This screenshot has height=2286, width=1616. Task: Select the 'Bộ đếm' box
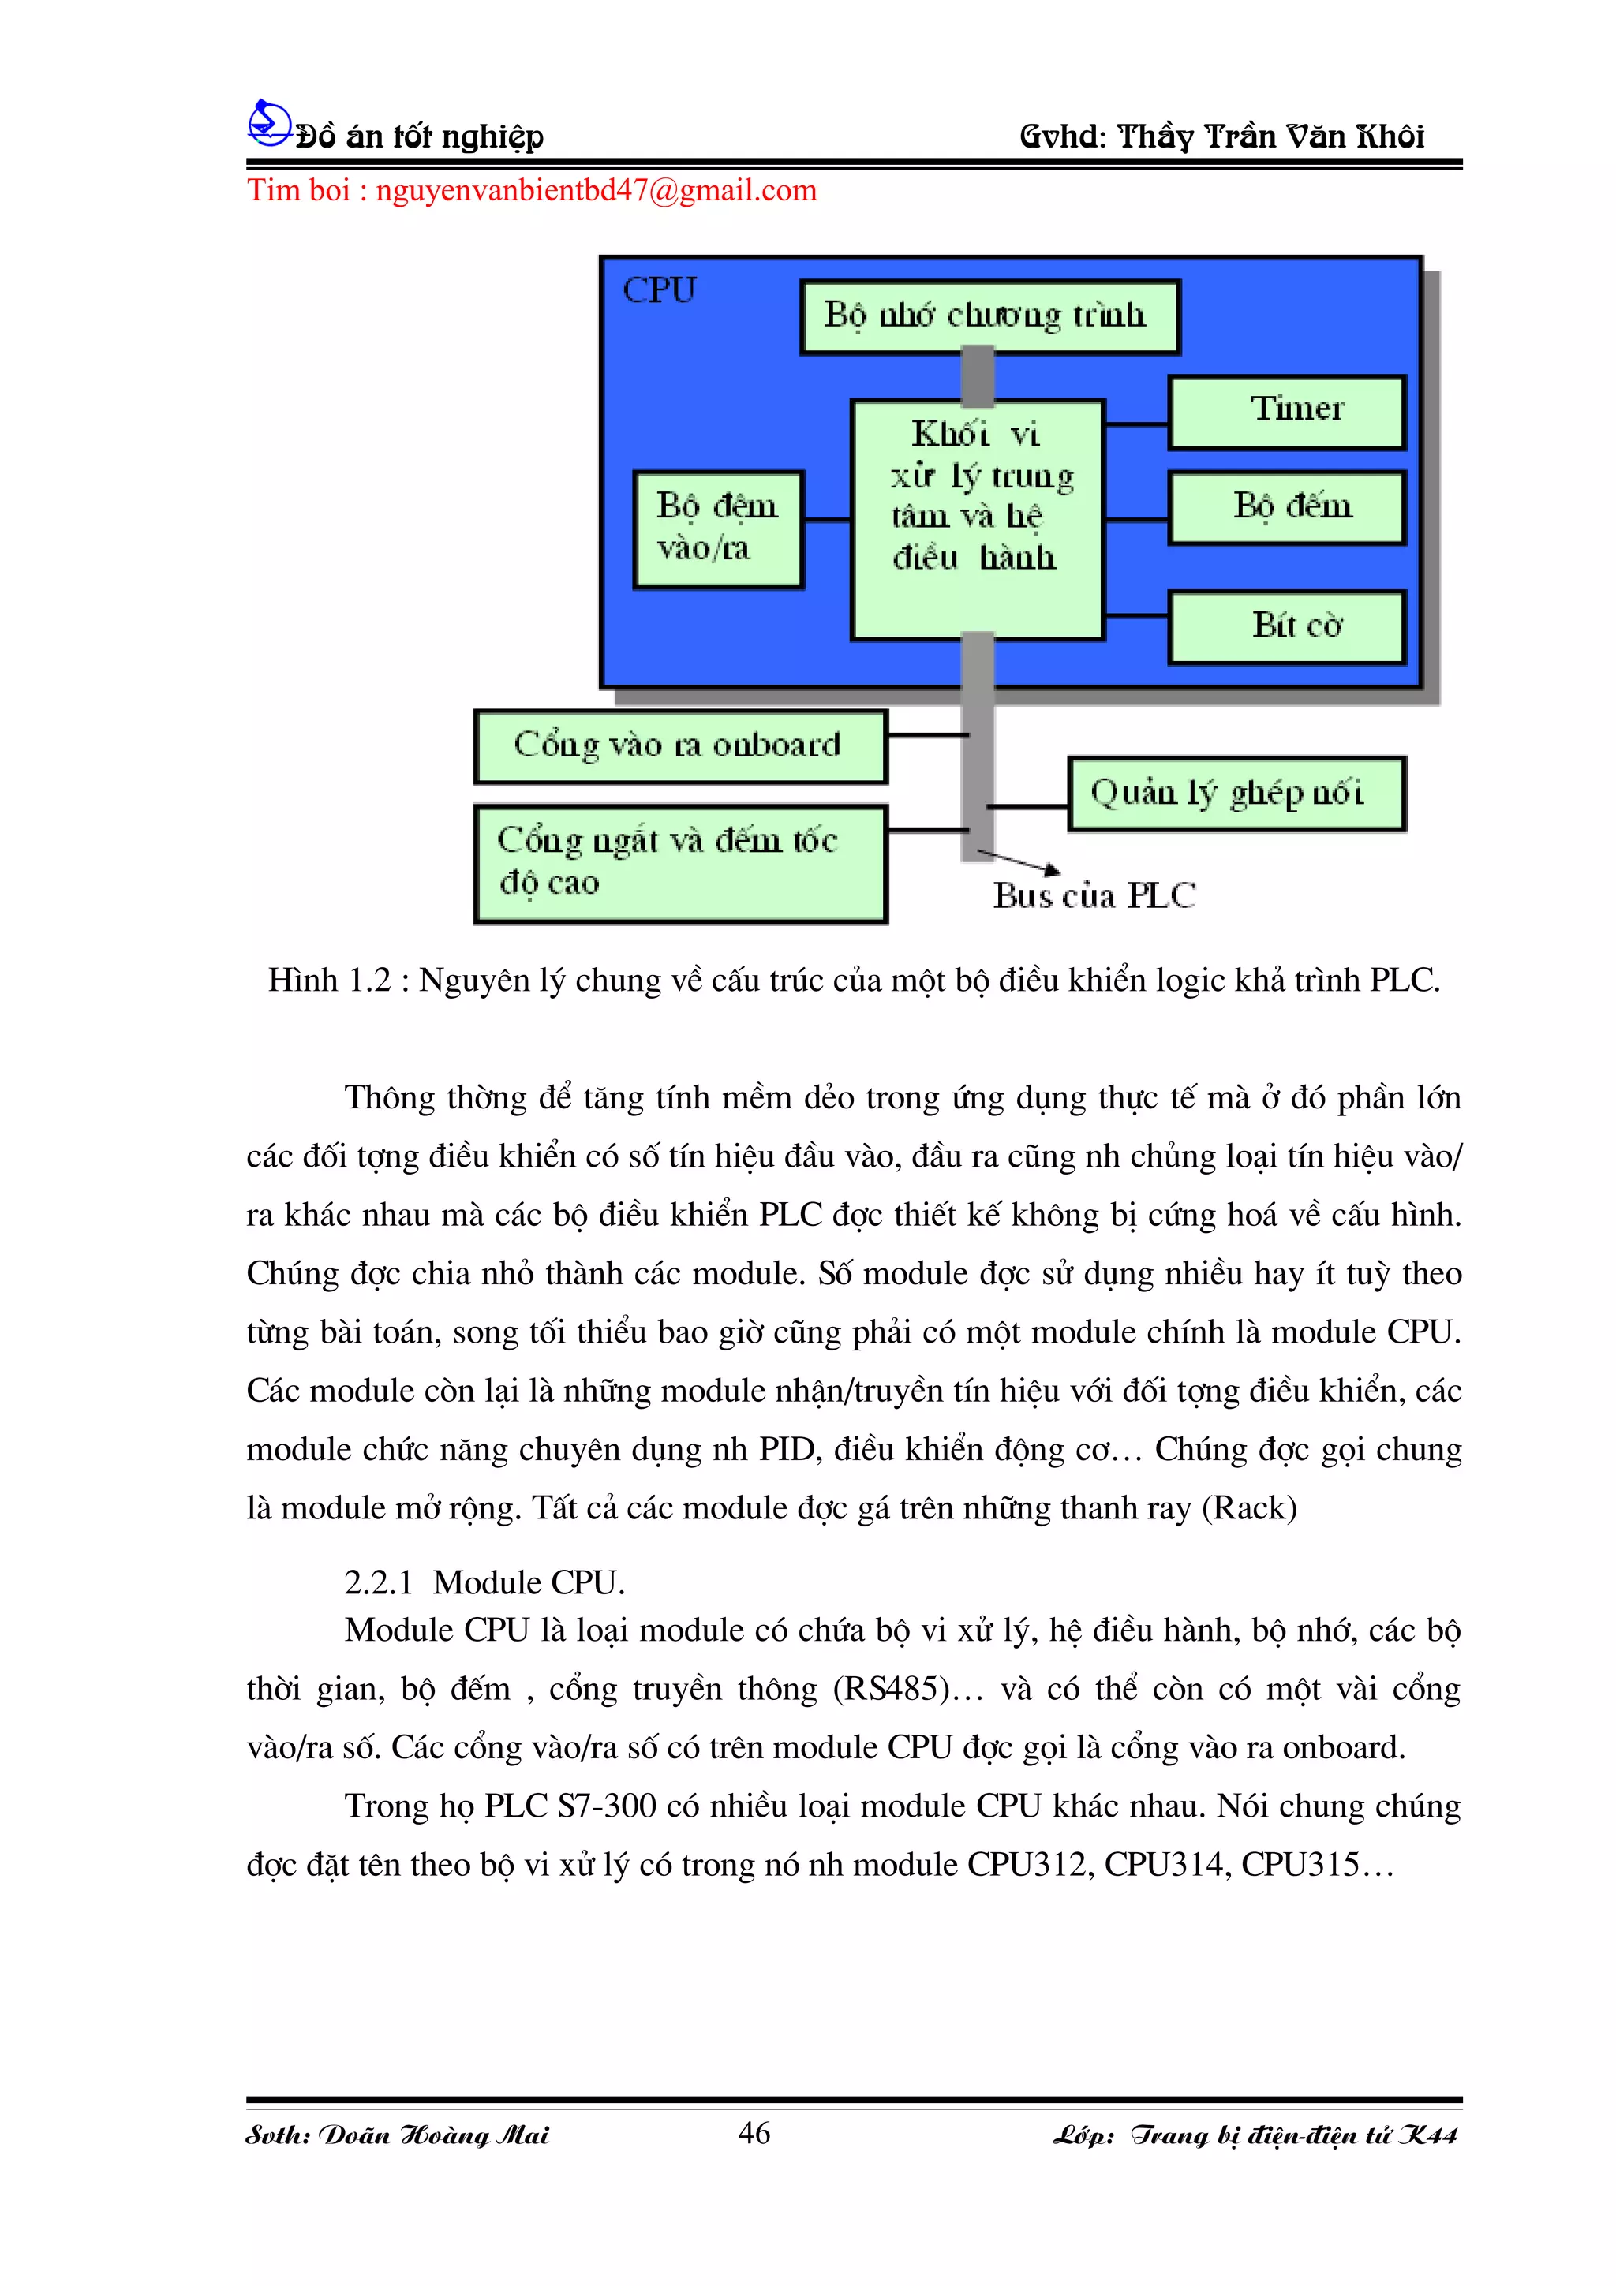pyautogui.click(x=1286, y=508)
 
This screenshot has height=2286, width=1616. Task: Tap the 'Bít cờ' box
pyautogui.click(x=1286, y=626)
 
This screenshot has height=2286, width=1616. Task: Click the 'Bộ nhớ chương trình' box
pyautogui.click(x=989, y=316)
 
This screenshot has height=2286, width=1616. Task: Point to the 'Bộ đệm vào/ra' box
pyautogui.click(x=717, y=529)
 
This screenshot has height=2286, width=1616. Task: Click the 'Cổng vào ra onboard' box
pyautogui.click(x=680, y=745)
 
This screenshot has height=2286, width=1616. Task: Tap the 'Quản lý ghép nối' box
pyautogui.click(x=1236, y=794)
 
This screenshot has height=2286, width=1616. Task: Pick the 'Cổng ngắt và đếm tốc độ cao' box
pyautogui.click(x=680, y=863)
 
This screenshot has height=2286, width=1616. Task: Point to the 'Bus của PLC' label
pyautogui.click(x=1094, y=896)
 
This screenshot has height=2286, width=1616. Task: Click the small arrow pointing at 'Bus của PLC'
pyautogui.click(x=1020, y=861)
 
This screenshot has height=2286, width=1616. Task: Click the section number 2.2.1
pyautogui.click(x=379, y=1582)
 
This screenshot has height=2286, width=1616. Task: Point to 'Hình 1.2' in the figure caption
pyautogui.click(x=330, y=981)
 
